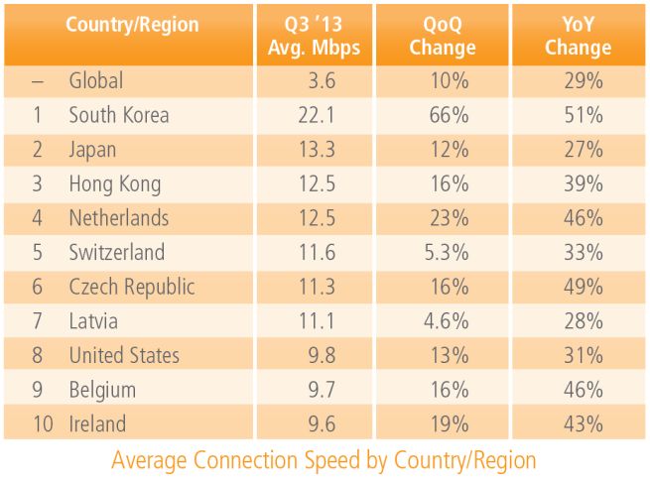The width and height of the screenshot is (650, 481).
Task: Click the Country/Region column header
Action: (x=132, y=25)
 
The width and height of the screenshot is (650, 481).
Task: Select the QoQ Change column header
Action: (x=443, y=36)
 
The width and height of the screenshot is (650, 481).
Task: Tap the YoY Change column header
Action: (x=579, y=36)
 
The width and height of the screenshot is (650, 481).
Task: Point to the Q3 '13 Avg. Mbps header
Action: (x=313, y=36)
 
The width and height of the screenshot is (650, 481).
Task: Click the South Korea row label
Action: (x=119, y=115)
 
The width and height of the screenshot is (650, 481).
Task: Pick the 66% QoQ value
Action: (x=450, y=115)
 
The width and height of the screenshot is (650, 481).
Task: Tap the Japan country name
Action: (x=92, y=150)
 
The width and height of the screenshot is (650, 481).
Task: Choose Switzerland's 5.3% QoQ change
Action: (x=446, y=253)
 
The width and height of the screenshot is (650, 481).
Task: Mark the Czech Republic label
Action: (x=132, y=287)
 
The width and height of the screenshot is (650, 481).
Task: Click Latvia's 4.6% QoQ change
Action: (x=446, y=321)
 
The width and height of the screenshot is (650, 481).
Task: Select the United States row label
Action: (x=124, y=355)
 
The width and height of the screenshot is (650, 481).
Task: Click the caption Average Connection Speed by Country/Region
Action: (x=324, y=461)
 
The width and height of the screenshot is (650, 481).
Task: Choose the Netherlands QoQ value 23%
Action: (x=450, y=218)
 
